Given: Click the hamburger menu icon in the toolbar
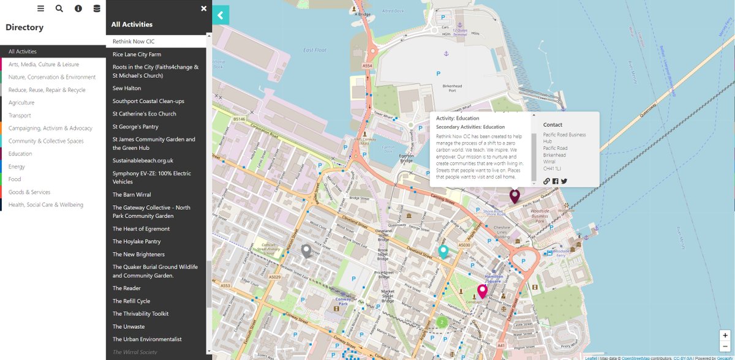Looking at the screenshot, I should point(41,9).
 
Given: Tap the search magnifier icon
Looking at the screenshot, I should point(59,9).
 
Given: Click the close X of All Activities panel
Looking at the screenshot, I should point(204,9).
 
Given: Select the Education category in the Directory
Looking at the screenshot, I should point(20,154).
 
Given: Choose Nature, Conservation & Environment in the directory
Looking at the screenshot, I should point(52,77).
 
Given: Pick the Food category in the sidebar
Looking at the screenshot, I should point(15,179).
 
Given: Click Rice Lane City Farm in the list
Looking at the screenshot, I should point(137,54).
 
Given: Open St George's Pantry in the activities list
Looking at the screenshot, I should point(135,127).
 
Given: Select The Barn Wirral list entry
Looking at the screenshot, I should point(132,195).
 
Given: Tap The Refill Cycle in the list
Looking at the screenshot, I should point(131,301).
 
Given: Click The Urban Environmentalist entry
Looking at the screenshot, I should point(147,339).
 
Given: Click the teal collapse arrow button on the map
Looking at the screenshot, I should point(221,15).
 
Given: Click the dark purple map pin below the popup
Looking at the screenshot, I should point(514,196).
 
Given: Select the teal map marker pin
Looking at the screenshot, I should point(443,251).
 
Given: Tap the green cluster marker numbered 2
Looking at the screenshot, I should point(442,321).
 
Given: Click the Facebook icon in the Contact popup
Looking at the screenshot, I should point(556,181).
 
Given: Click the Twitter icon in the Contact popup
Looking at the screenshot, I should point(564,181).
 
